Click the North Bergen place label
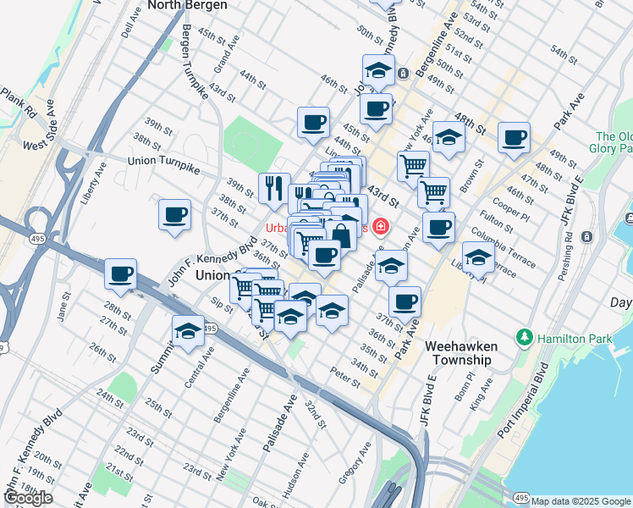point(187,5)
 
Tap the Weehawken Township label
point(458,353)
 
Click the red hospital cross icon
point(380,227)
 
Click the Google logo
point(28,498)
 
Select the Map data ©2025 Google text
point(581,501)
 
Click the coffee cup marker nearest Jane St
point(120,274)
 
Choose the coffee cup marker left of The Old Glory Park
point(514,137)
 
